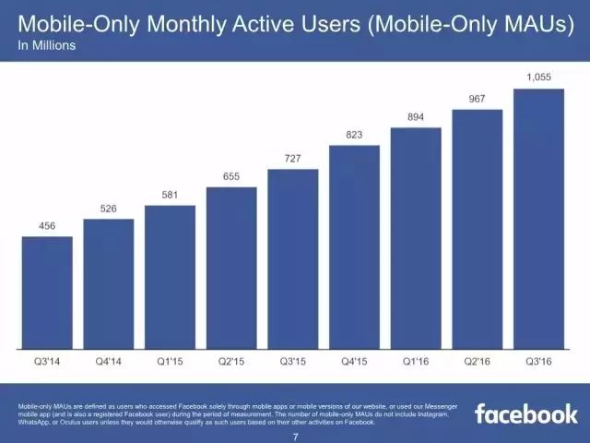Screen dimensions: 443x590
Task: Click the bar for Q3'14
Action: (x=47, y=293)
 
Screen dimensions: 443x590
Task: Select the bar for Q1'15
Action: (x=170, y=278)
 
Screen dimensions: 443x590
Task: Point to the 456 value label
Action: (x=47, y=225)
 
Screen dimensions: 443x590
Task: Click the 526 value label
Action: (x=109, y=209)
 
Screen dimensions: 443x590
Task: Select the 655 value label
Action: (x=231, y=176)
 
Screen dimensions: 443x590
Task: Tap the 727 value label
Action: (x=293, y=159)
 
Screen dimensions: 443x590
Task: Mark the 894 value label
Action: (x=416, y=116)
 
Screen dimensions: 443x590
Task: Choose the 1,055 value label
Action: (x=538, y=78)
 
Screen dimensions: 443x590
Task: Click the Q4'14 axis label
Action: (x=109, y=363)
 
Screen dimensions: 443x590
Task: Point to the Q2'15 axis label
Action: (x=231, y=363)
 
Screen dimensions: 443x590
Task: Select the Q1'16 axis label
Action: (x=416, y=363)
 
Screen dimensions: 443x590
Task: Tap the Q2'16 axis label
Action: (x=478, y=363)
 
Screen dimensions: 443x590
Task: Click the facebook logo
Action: (x=525, y=412)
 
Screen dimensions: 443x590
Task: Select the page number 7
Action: (x=295, y=435)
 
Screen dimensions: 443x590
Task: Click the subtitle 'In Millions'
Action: (x=47, y=42)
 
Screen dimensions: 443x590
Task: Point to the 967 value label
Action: (x=478, y=98)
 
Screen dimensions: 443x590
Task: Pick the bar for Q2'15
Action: (x=231, y=269)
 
